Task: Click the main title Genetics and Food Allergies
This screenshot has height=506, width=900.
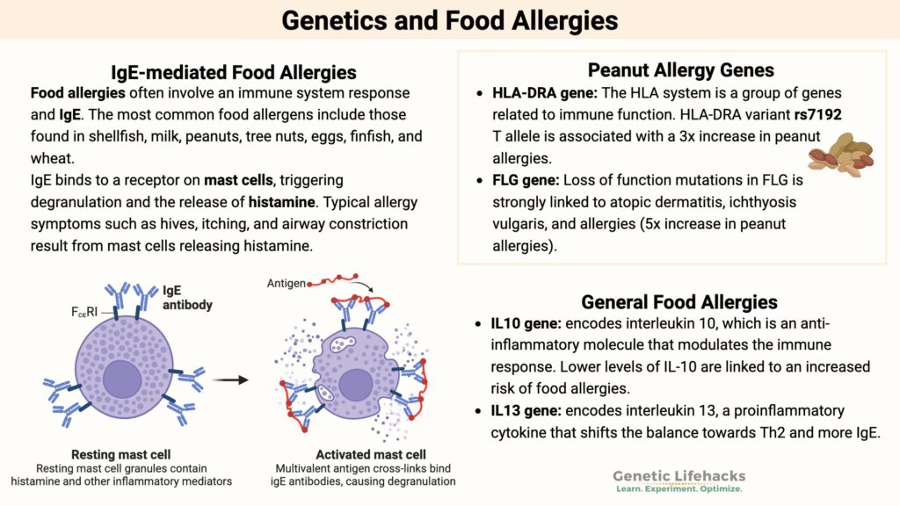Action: click(x=449, y=20)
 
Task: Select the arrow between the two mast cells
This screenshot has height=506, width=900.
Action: click(x=228, y=380)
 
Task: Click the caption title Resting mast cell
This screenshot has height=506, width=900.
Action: click(x=120, y=455)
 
